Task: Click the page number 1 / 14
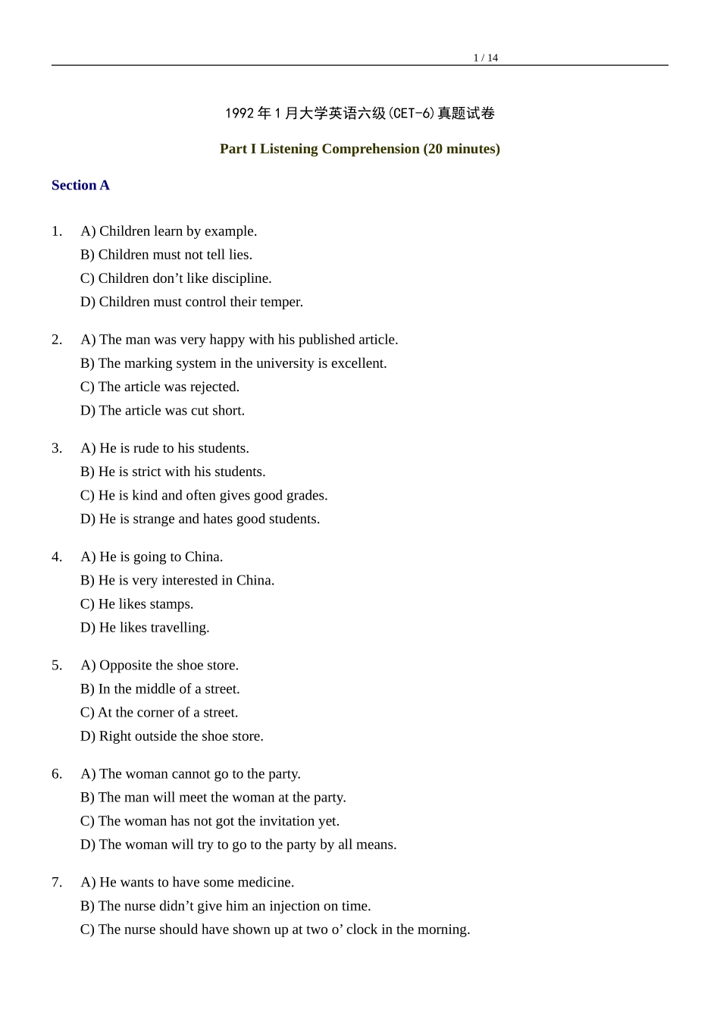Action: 485,58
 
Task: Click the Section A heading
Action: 80,185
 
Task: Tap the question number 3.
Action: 57,448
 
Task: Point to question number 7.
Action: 57,882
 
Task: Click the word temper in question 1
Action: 282,302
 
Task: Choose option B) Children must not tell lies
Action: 166,255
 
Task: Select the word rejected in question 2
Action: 214,387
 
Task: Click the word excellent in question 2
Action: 358,363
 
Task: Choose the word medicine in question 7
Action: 265,882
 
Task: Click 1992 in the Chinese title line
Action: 239,114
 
